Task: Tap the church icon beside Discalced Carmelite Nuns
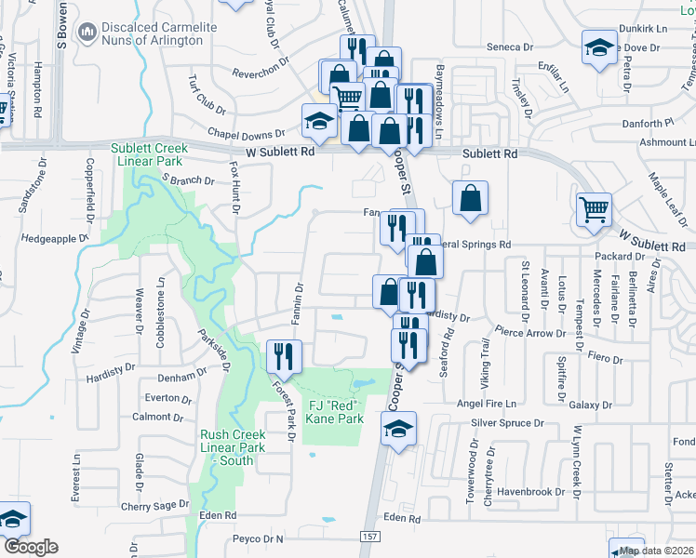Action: pos(87,33)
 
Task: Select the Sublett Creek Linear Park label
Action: pos(149,154)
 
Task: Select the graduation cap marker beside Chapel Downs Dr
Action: pos(319,121)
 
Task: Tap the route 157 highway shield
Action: pos(369,538)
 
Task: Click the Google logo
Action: pos(32,547)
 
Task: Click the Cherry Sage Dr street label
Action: pos(154,506)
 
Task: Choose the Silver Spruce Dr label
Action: pos(508,422)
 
